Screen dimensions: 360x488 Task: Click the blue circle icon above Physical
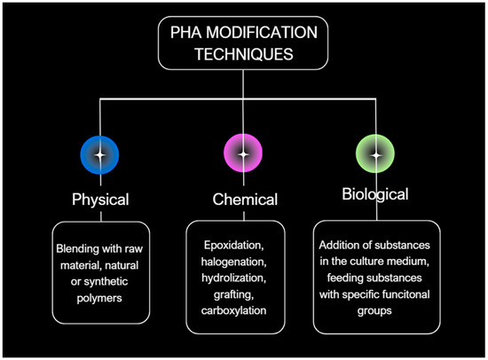100,155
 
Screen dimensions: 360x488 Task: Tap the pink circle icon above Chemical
238,155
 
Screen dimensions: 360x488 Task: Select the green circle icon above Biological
375,155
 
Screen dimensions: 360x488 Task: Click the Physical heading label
100,199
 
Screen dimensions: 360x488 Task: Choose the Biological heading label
375,194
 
